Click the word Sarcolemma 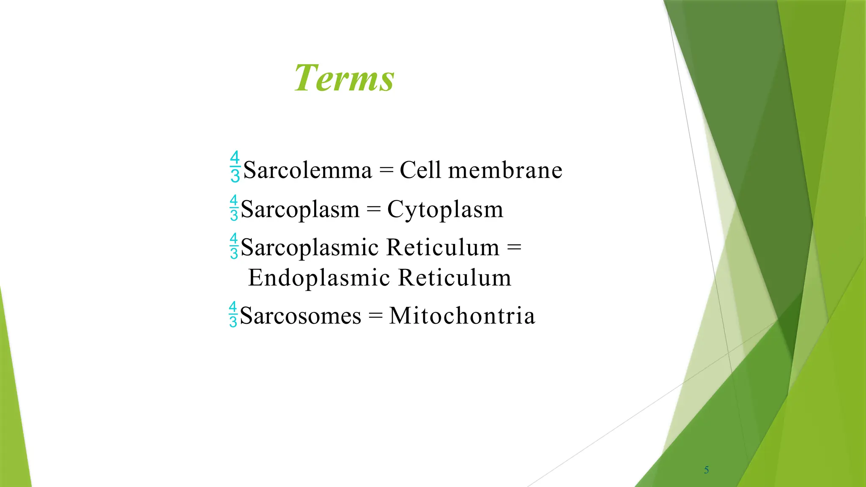(x=307, y=170)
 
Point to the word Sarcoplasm (x=300, y=210)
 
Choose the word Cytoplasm (x=445, y=210)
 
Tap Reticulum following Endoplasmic (x=455, y=278)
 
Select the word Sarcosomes (x=300, y=316)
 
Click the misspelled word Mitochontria (x=462, y=316)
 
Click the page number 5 (x=706, y=470)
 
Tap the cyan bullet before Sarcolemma (x=235, y=167)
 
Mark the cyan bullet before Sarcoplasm (x=234, y=208)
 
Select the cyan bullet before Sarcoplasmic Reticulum (x=234, y=246)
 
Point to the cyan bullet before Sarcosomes (x=233, y=315)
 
